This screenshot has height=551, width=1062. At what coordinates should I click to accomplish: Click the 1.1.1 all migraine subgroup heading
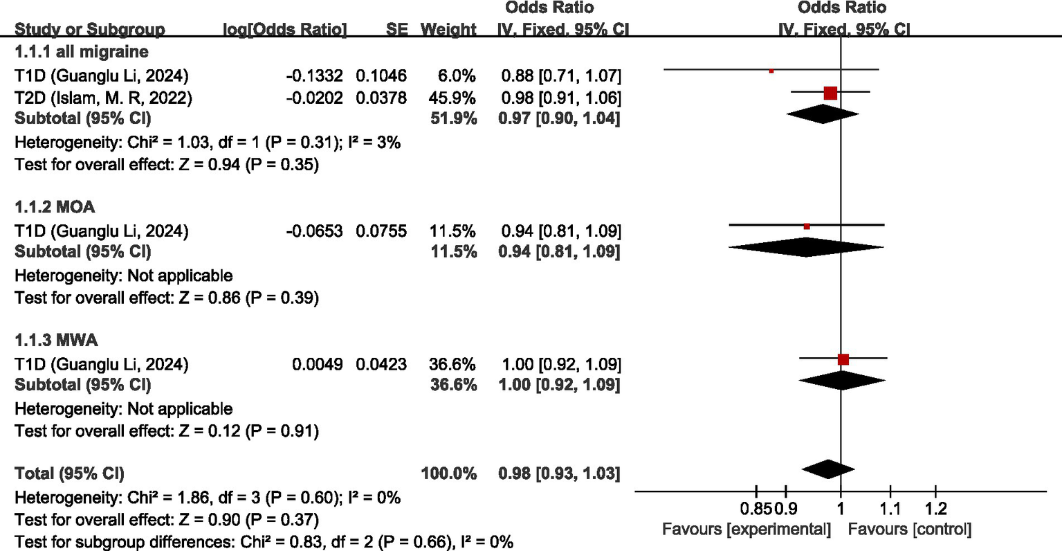82,52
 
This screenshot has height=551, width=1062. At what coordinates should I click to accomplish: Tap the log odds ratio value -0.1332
315,75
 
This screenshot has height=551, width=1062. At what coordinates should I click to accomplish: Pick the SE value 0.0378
381,98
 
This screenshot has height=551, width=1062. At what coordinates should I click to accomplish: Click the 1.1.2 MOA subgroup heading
55,207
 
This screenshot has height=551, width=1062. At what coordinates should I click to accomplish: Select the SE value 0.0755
381,231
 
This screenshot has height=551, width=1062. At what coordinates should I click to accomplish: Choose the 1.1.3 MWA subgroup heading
56,341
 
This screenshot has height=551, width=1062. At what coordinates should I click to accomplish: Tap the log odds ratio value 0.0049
317,364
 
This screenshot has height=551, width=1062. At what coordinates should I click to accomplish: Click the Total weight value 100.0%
448,473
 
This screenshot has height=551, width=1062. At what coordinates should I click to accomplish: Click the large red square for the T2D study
830,93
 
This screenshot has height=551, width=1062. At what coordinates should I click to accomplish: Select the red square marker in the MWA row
843,359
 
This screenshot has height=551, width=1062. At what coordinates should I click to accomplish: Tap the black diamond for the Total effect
828,469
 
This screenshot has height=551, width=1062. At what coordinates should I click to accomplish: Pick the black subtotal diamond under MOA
806,247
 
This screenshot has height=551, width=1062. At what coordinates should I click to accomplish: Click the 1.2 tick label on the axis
935,510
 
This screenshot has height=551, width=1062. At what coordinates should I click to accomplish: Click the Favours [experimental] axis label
747,530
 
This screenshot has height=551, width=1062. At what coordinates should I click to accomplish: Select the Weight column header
448,30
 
